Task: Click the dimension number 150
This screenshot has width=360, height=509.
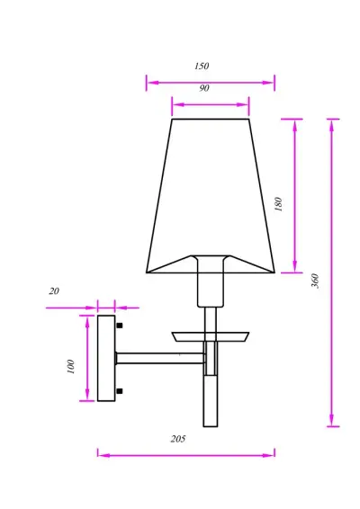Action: (x=202, y=67)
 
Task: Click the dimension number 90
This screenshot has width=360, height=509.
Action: (x=204, y=89)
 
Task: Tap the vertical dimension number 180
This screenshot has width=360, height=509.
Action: (x=279, y=204)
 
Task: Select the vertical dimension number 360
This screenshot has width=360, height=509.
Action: (x=315, y=281)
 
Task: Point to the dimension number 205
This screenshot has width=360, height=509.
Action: (x=178, y=439)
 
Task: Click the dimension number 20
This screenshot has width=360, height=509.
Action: (x=54, y=291)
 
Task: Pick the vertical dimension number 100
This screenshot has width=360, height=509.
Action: (x=71, y=367)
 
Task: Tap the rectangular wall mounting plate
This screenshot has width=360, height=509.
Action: (x=106, y=358)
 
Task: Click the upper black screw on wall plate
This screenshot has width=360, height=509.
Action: (x=120, y=325)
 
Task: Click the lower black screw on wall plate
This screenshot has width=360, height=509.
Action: (x=120, y=391)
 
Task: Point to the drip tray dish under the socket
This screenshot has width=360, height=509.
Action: (x=211, y=337)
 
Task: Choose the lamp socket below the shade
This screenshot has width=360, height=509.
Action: (x=211, y=288)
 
